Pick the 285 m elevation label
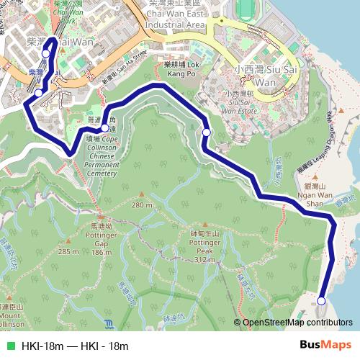68,251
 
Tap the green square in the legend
10,346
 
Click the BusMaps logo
325,345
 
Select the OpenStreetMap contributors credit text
298,323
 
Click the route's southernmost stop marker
321,301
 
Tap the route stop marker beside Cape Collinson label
105,128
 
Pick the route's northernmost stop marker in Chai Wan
46,53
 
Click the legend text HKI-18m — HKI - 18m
75,346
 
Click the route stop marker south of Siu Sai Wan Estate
207,132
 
